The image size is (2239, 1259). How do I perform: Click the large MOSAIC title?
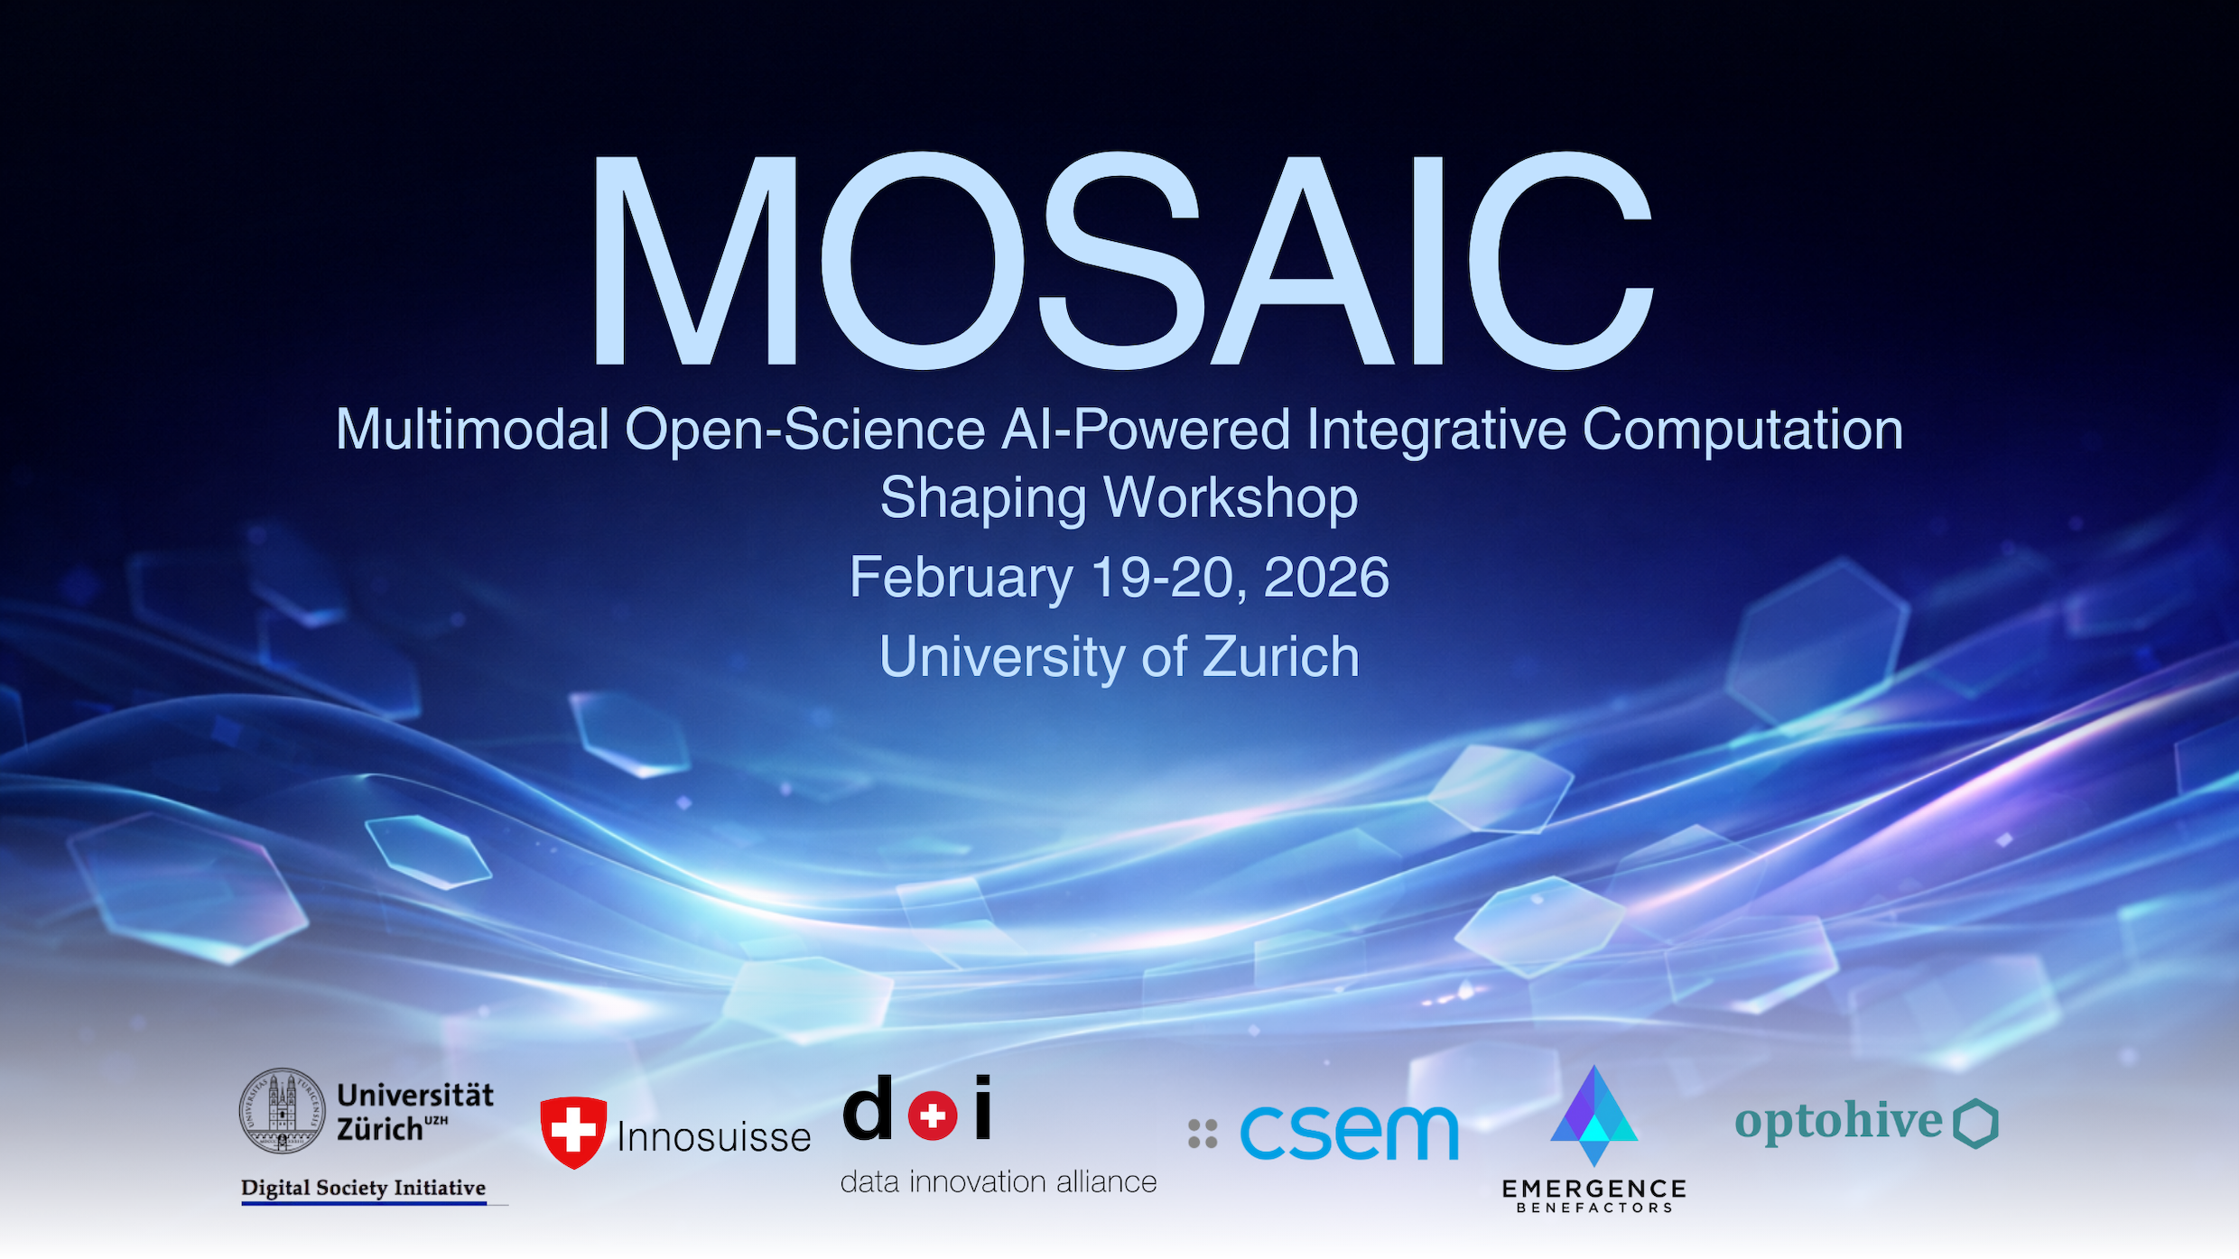point(1121,260)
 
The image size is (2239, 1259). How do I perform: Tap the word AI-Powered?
point(1146,429)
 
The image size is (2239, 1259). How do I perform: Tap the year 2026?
point(1326,577)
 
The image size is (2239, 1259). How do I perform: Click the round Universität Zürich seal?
point(282,1111)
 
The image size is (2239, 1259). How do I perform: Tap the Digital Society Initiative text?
point(364,1188)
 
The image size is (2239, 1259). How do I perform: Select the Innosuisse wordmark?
point(714,1137)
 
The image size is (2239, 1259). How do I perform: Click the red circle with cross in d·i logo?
point(933,1116)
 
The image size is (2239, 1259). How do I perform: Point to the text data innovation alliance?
point(999,1181)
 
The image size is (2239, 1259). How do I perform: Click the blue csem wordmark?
point(1349,1133)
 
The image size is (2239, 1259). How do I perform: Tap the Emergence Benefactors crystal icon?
point(1594,1116)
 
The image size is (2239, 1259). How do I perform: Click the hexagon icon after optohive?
point(1976,1124)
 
